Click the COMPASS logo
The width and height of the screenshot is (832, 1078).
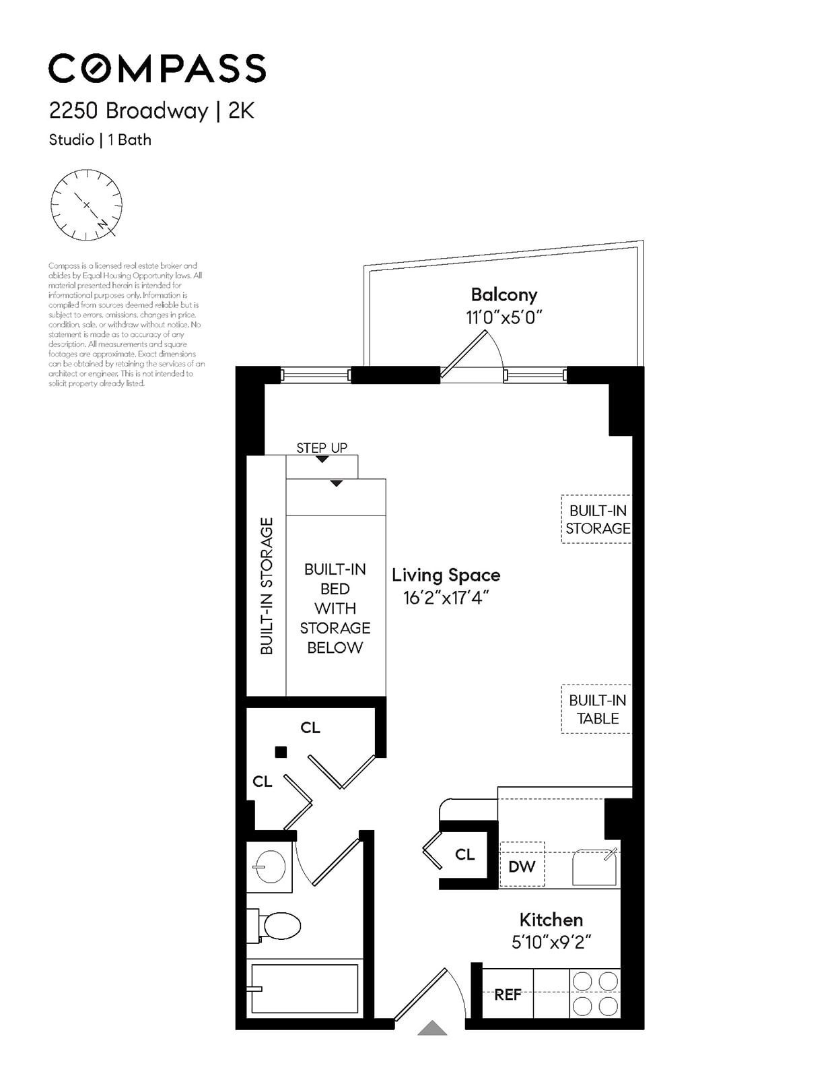(157, 68)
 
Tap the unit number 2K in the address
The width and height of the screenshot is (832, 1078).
(241, 110)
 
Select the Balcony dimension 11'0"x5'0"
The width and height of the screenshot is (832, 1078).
(504, 317)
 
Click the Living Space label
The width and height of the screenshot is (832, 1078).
(446, 575)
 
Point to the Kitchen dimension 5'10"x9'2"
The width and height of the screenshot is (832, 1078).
(551, 942)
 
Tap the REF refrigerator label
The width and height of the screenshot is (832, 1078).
(508, 994)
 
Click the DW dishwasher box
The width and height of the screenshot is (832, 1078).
(522, 865)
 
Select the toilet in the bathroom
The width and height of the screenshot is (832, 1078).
(277, 926)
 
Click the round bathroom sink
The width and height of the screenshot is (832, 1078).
(271, 867)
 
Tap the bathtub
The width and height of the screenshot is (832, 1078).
(304, 988)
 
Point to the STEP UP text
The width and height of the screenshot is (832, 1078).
(322, 448)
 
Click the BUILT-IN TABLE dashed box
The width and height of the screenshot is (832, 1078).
(596, 709)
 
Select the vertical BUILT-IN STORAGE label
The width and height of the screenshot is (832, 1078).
(267, 585)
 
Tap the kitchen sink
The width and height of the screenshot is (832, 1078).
(594, 867)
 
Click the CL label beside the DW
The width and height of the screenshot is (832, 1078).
(464, 854)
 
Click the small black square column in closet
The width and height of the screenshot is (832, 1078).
(281, 752)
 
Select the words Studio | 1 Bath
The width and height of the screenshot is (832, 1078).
(100, 140)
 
